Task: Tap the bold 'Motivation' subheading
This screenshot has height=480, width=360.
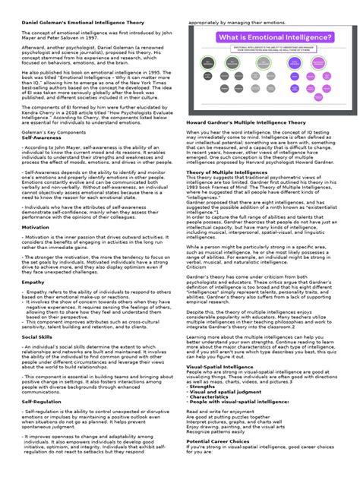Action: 36,248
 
